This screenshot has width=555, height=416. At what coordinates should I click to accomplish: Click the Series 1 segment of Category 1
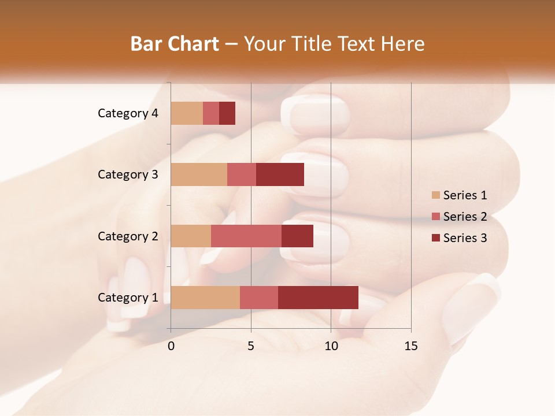205,297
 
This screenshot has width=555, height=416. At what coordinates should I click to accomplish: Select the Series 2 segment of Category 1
258,297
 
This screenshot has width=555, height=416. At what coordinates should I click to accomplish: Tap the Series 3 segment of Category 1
318,297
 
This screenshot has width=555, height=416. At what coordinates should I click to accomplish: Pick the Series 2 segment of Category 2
246,236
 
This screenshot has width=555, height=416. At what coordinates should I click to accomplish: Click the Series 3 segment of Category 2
297,236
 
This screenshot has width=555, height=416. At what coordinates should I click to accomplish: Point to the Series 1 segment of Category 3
199,174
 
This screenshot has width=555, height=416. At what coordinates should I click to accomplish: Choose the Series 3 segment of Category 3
280,174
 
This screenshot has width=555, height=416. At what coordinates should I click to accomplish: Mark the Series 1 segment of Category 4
187,113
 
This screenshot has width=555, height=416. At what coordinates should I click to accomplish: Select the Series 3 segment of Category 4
227,113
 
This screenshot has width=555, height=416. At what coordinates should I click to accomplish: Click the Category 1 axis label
128,298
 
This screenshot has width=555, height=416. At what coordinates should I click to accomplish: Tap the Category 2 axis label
128,236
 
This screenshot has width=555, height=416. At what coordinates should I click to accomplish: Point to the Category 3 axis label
128,174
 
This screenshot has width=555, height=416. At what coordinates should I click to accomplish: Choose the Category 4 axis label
128,113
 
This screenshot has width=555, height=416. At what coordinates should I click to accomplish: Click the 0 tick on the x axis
171,346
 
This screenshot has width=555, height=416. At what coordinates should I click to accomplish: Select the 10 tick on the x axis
331,346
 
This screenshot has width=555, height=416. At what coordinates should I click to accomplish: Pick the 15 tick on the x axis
410,346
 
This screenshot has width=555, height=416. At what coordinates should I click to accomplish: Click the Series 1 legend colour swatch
435,195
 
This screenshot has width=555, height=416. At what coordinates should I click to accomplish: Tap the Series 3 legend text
465,238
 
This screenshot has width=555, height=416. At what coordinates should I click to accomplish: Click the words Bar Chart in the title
175,44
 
